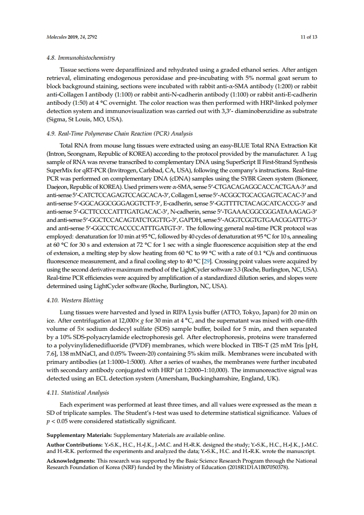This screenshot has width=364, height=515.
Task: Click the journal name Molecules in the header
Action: click(x=57, y=36)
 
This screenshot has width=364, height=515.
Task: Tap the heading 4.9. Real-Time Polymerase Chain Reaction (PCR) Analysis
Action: click(x=120, y=134)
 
